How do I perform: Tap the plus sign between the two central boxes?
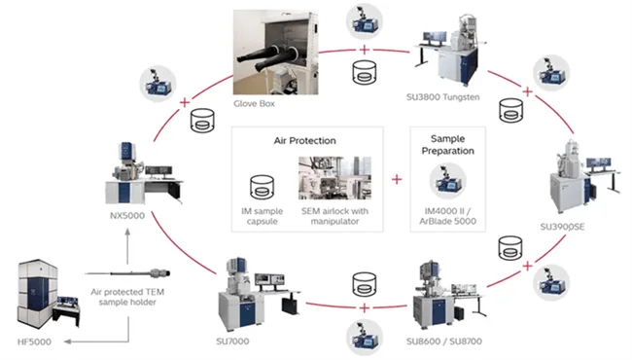click(396, 180)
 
